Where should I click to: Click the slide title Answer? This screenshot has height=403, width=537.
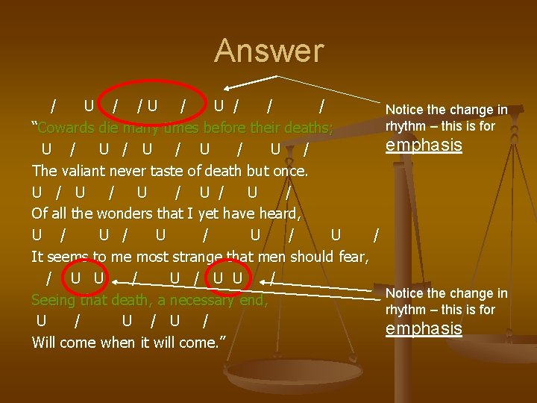coord(269,51)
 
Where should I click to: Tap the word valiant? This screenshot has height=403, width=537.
coord(97,171)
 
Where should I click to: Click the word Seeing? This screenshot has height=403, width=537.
coord(54,301)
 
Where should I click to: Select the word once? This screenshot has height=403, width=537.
coord(290,171)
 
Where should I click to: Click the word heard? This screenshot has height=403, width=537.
coord(277,214)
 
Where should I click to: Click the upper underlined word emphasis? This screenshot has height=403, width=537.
coord(424,145)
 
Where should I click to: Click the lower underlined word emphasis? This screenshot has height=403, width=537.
coord(424,328)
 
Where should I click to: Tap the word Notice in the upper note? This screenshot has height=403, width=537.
coord(406,110)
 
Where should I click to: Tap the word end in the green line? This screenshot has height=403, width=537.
coord(254,301)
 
